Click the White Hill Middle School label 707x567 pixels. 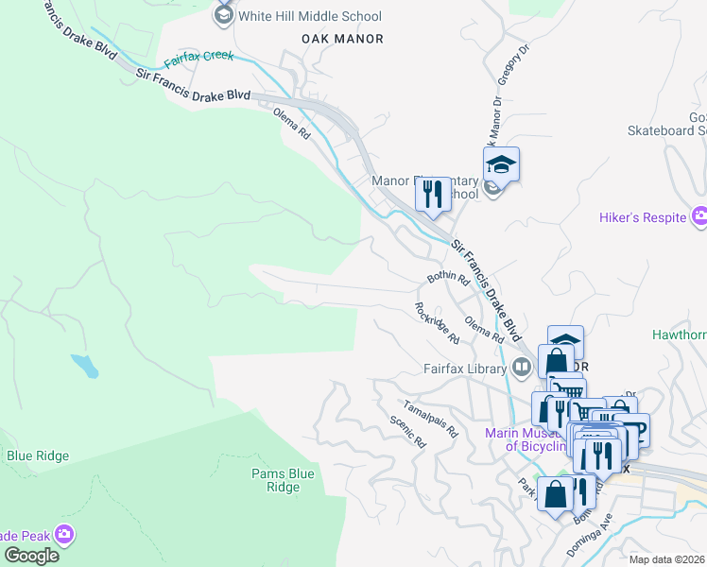(309, 16)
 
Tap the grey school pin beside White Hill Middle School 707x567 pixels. (224, 15)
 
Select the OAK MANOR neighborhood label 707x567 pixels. (342, 39)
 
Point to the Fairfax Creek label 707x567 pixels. (198, 60)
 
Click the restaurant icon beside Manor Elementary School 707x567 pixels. (433, 195)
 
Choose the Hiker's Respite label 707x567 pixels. (642, 217)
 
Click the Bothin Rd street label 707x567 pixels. (448, 278)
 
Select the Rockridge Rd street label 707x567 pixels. (437, 323)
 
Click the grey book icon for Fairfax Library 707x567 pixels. (522, 367)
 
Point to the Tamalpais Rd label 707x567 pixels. (430, 419)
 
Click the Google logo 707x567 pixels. (31, 556)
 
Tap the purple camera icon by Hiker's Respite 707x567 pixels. (699, 217)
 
